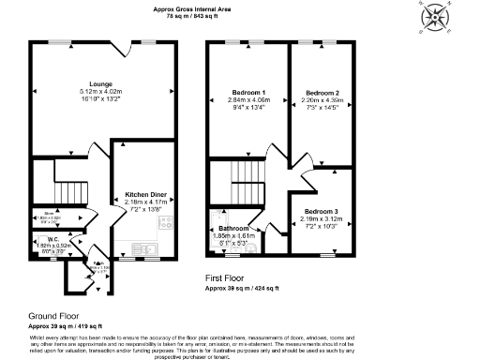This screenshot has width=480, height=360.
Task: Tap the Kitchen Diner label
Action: point(146,194)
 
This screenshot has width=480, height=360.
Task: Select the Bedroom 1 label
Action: point(247,91)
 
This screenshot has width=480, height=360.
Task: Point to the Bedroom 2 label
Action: point(322,93)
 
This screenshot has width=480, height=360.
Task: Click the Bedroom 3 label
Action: point(322,212)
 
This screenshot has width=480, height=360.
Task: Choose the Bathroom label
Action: point(233,228)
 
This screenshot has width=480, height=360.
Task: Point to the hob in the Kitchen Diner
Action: point(167,223)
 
